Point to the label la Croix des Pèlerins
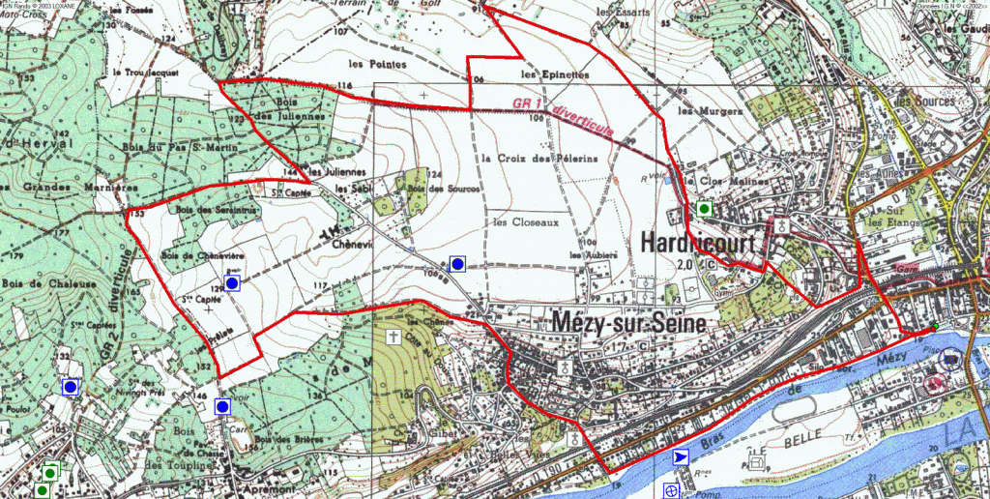[x=539, y=158]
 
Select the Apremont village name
[x=238, y=491]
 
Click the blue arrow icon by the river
[x=682, y=457]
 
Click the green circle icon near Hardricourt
[x=705, y=209]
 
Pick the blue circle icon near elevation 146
[x=222, y=407]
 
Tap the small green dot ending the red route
[x=935, y=328]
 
